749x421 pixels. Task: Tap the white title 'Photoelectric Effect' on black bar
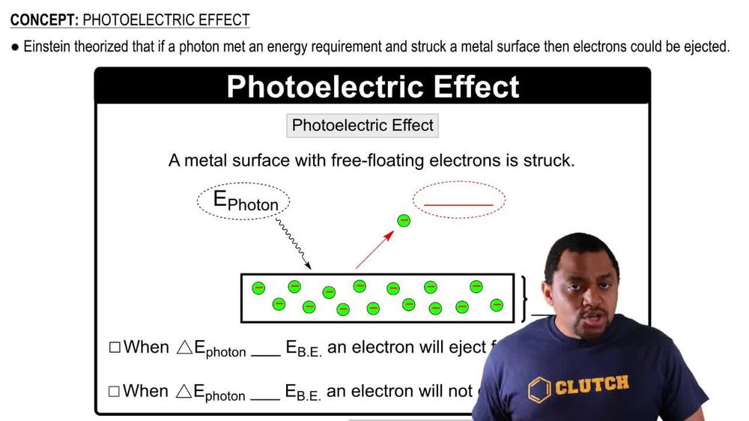[x=372, y=86]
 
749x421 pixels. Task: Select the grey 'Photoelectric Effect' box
[x=363, y=125]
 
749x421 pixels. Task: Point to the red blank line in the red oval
[x=458, y=204]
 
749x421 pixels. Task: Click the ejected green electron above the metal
[x=404, y=220]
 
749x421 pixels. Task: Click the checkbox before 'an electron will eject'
[x=115, y=348]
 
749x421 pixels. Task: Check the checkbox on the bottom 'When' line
[x=115, y=391]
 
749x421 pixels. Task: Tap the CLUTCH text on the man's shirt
[x=591, y=385]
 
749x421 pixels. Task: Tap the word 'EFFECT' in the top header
[x=220, y=19]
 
